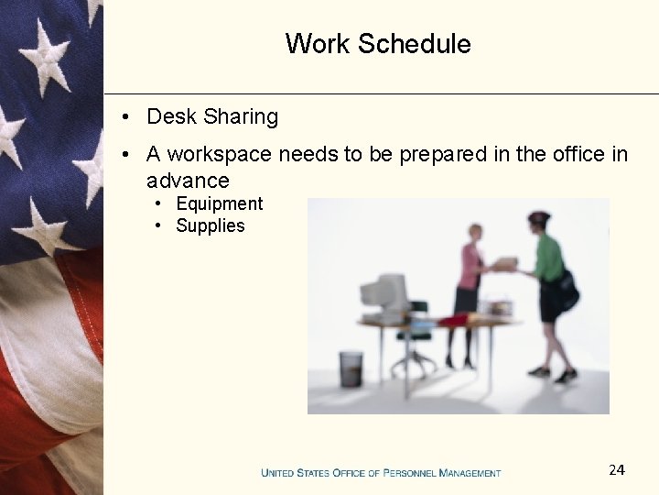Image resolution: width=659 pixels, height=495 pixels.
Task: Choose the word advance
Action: click(188, 181)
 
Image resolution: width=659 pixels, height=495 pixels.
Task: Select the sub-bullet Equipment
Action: click(219, 204)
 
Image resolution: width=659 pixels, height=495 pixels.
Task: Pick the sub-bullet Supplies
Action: click(211, 226)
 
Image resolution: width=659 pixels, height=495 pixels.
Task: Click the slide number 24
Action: click(617, 470)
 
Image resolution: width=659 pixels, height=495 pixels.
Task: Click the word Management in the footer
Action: click(470, 473)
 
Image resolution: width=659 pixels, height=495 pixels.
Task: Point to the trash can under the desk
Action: click(351, 368)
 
